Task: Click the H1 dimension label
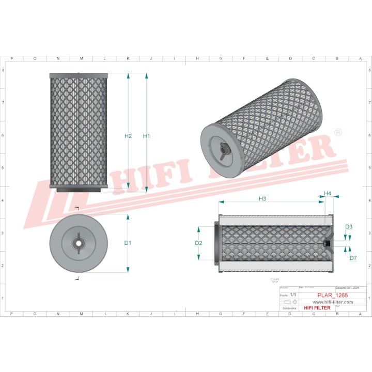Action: [146, 136]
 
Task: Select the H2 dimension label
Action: [129, 136]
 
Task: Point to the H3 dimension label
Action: [262, 199]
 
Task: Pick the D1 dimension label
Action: [128, 243]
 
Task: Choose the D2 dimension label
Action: [198, 243]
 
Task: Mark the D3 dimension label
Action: [349, 227]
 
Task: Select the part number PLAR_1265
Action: [333, 295]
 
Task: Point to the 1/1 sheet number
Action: [293, 295]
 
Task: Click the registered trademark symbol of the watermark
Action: [338, 133]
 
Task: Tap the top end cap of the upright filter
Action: [78, 75]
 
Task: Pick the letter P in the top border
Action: [11, 59]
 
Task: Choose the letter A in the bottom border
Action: [360, 314]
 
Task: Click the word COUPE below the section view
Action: [274, 279]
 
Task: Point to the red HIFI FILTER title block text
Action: [317, 308]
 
